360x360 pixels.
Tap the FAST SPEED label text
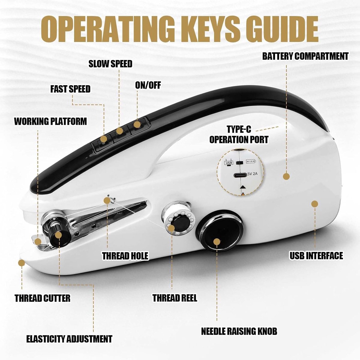tap(70, 89)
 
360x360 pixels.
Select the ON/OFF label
tap(148, 85)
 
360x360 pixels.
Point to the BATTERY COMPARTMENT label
tap(305, 56)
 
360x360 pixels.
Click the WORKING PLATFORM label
tap(50, 121)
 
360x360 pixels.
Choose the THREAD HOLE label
tap(125, 256)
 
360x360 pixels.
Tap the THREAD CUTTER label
tap(43, 298)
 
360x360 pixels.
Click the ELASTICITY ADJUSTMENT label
tap(69, 339)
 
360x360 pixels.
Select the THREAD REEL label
tap(175, 298)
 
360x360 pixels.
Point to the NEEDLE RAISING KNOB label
tap(239, 331)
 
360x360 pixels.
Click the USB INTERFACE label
tap(316, 256)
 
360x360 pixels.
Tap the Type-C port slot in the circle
tap(240, 175)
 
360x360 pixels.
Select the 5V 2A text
tap(253, 174)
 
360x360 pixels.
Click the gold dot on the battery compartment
tap(286, 176)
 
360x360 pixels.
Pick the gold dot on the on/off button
tap(137, 124)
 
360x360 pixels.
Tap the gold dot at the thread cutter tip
tap(22, 263)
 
